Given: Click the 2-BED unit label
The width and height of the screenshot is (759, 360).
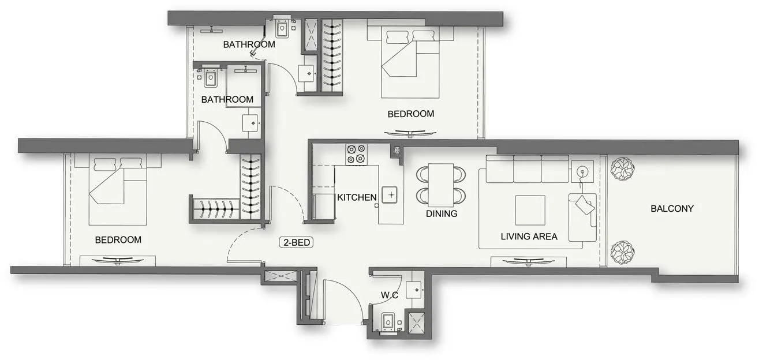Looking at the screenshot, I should (297, 243).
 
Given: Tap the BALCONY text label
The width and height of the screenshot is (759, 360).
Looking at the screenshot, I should (672, 209).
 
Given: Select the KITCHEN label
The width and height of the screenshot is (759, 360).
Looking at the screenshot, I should (357, 197).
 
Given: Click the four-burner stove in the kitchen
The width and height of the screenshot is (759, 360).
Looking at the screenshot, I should (356, 154).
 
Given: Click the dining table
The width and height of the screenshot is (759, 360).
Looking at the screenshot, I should (441, 184).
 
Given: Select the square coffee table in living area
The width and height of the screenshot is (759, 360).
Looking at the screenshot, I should (530, 210).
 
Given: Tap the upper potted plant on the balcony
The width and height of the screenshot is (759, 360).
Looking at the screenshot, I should (623, 169).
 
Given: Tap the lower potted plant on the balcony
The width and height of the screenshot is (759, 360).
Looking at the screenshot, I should (623, 252).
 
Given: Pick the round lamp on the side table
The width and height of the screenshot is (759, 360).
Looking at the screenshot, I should (582, 171).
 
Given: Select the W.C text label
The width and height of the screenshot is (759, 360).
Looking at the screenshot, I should (390, 295).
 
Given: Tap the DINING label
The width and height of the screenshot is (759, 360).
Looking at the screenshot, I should (442, 213).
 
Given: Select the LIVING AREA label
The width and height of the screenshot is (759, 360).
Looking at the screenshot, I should (529, 237).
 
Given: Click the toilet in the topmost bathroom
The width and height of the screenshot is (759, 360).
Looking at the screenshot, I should (283, 28).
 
